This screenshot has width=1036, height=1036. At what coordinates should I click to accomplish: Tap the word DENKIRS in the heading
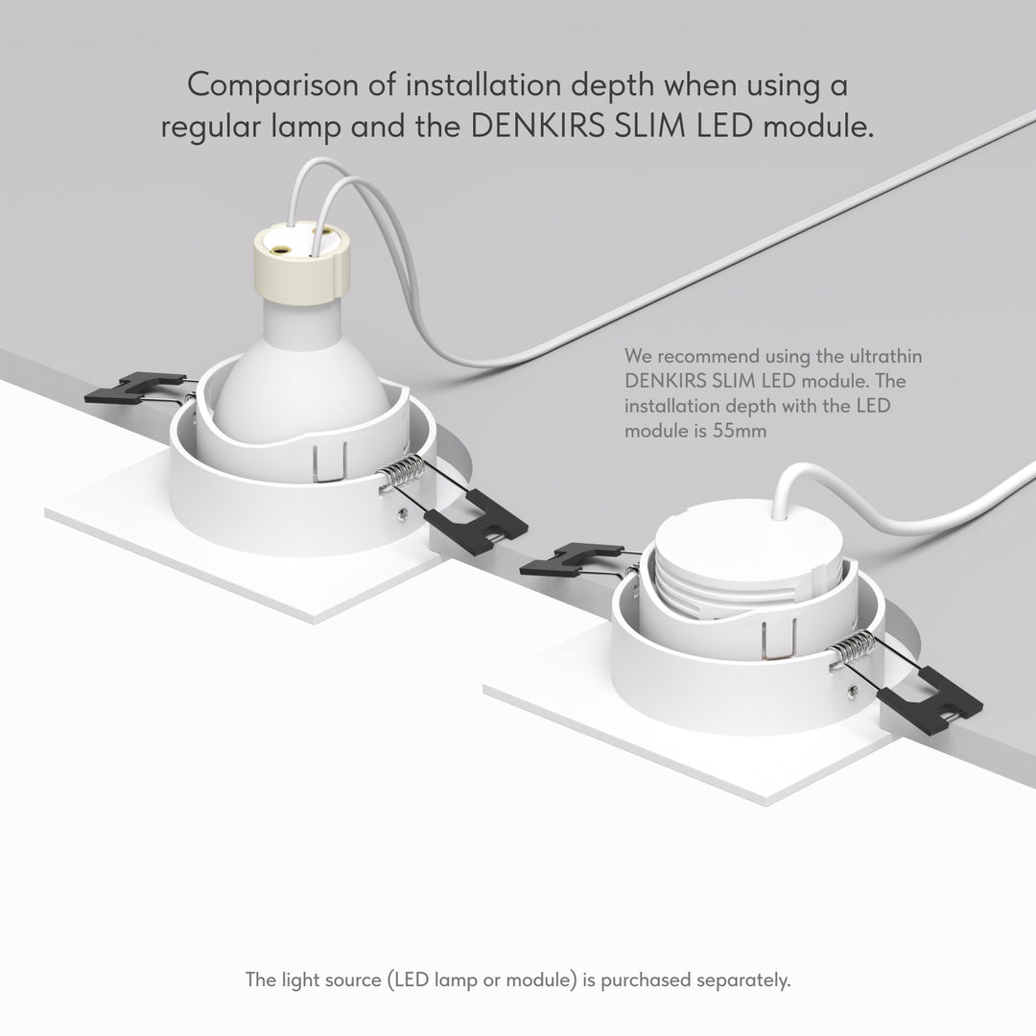point(537,127)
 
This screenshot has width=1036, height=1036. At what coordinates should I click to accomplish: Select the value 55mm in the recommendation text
point(740,431)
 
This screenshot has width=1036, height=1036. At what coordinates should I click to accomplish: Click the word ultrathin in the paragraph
point(885,356)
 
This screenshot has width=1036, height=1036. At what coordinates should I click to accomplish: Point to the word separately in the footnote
point(743,979)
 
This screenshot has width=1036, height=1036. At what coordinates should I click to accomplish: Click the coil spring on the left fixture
point(400,473)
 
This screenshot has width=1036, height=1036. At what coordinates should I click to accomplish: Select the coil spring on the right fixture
point(853,648)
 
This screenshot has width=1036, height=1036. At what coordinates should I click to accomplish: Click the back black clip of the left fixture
point(134,388)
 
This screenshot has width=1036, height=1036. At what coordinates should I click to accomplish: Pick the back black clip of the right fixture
point(571,559)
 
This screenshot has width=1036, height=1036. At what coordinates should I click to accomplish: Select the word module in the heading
point(818,127)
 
